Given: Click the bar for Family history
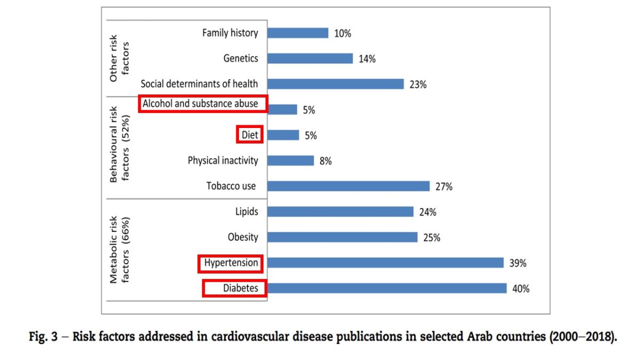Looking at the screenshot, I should click(298, 33).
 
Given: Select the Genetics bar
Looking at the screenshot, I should click(310, 59).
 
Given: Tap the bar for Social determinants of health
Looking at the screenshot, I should click(335, 84).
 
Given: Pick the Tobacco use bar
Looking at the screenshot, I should click(348, 186).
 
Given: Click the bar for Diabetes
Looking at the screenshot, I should click(387, 288).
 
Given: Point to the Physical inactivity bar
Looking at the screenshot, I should click(290, 161).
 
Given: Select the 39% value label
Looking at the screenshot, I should click(518, 263).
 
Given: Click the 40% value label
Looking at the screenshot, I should click(521, 289).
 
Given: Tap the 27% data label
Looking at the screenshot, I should click(444, 187).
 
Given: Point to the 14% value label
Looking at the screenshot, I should click(367, 59).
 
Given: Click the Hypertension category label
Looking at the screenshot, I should click(231, 263).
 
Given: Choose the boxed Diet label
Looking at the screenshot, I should click(250, 135).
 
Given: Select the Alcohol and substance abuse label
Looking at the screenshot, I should click(203, 104).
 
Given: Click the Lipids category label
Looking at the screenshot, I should click(247, 212).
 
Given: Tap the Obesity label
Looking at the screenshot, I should click(243, 237).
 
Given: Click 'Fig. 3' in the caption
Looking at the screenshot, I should click(43, 337).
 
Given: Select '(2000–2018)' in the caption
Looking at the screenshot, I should click(586, 337).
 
